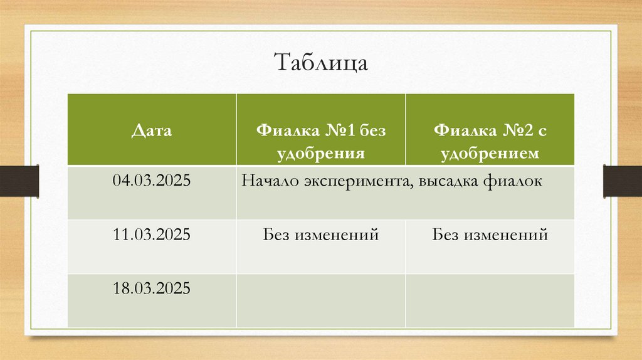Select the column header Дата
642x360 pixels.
[152, 131]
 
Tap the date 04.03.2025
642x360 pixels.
[152, 181]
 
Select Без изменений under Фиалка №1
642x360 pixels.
[320, 235]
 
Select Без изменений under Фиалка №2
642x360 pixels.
[490, 235]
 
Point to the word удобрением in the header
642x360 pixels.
[490, 152]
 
